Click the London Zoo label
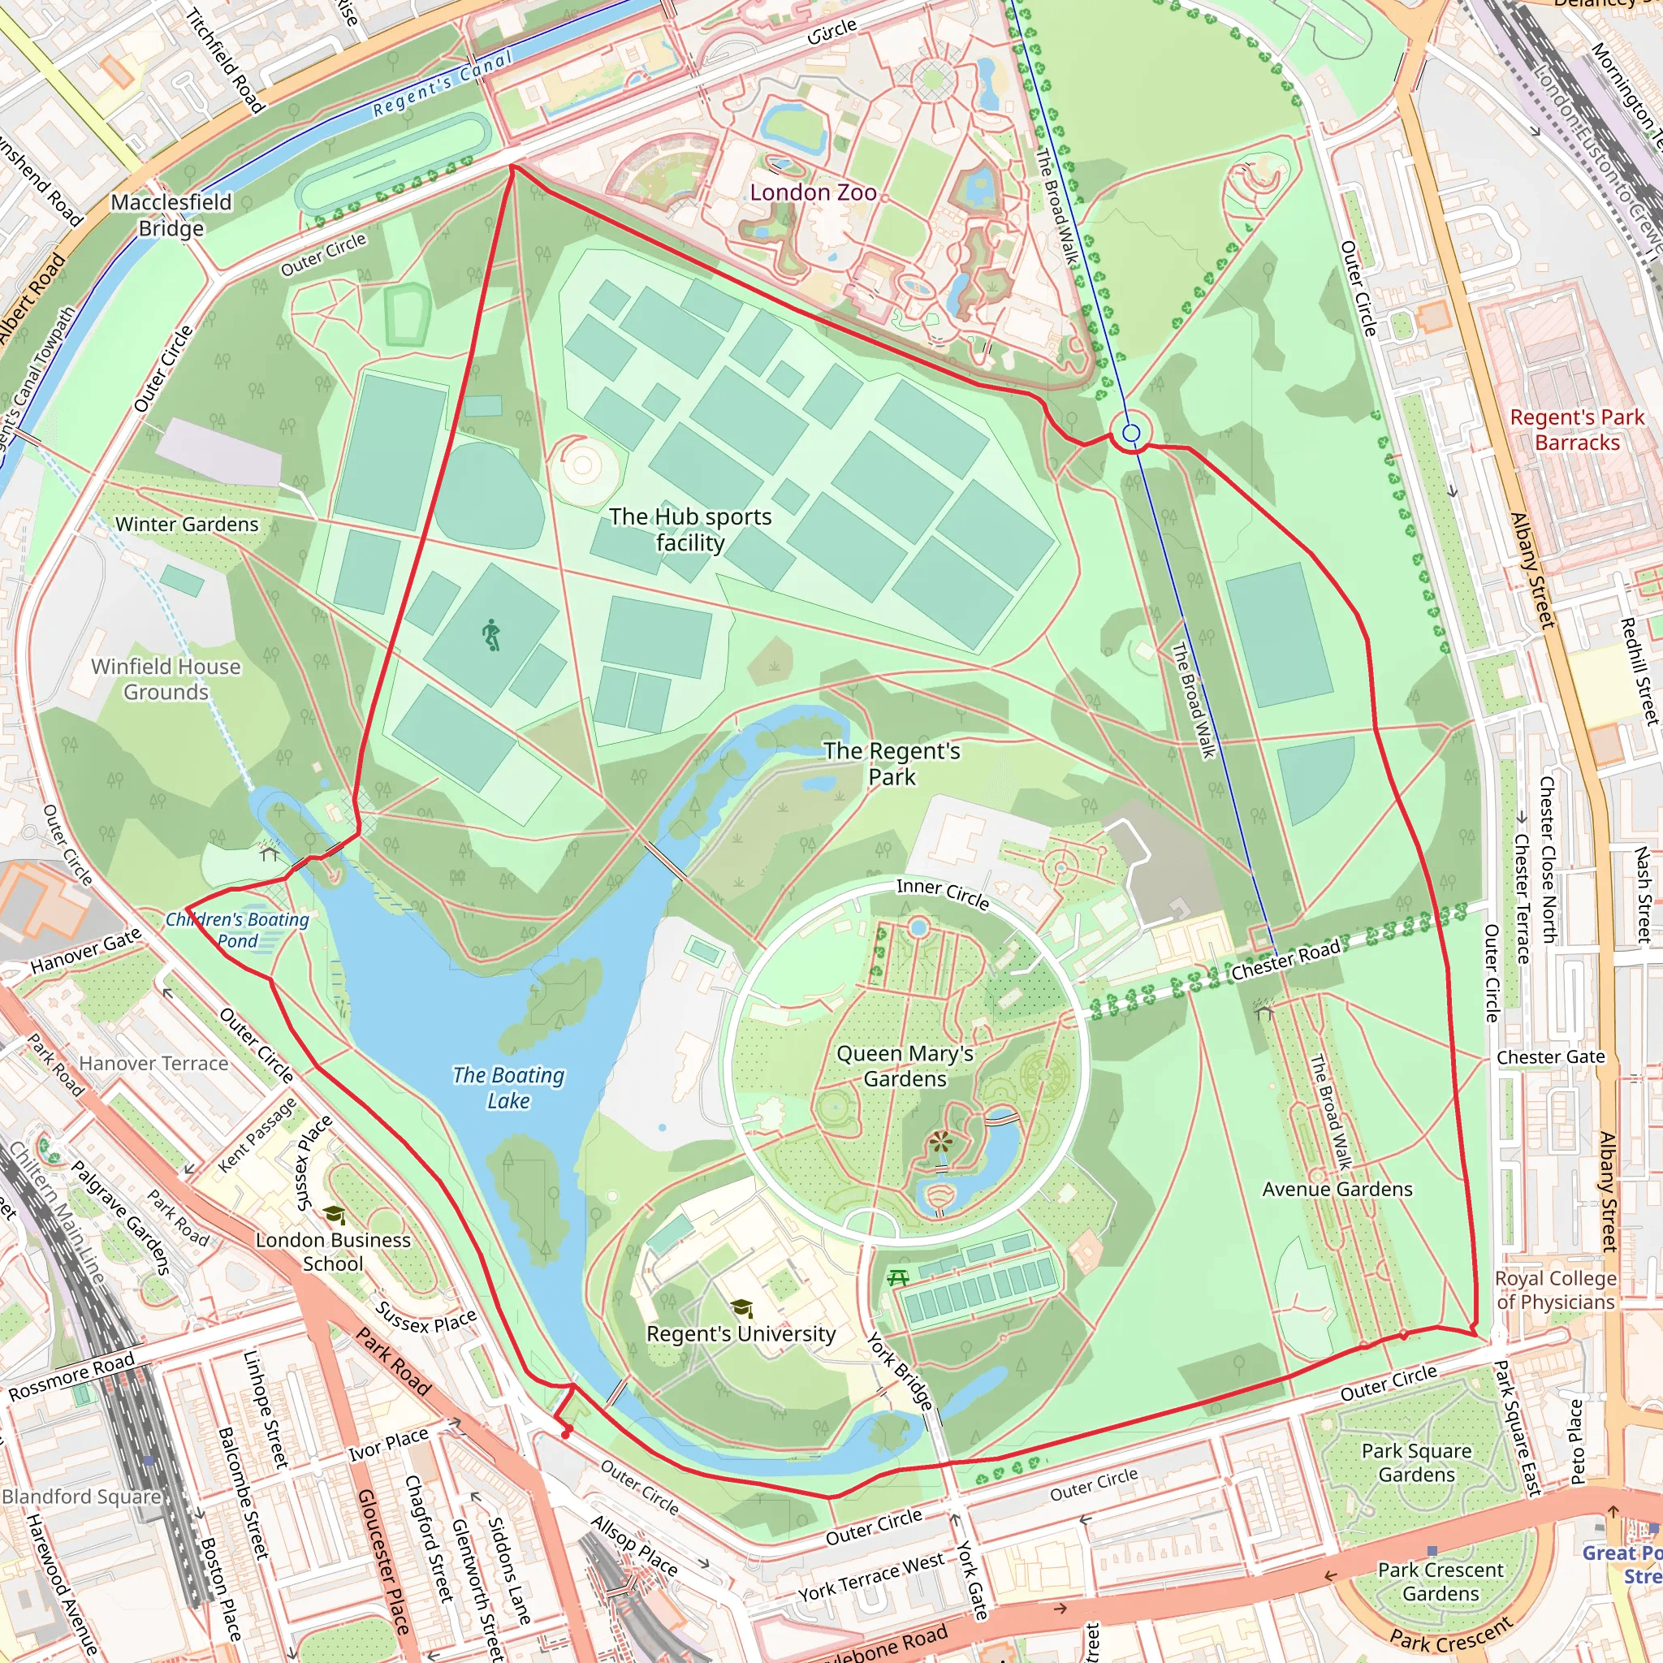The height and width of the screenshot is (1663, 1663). click(x=813, y=192)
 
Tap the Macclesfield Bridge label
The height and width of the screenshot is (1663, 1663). click(x=171, y=215)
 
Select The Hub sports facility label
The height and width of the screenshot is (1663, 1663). click(x=690, y=529)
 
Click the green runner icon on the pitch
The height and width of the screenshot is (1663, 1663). click(x=490, y=634)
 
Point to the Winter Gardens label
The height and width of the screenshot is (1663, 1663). click(x=187, y=525)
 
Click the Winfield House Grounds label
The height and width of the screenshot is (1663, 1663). click(x=166, y=679)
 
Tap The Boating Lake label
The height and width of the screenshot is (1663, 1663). click(x=508, y=1087)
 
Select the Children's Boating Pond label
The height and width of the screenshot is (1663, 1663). click(x=238, y=930)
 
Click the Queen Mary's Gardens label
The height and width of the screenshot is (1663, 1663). click(x=905, y=1065)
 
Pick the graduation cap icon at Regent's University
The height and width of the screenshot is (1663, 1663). click(x=741, y=1308)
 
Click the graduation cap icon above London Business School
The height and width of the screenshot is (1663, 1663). click(x=334, y=1215)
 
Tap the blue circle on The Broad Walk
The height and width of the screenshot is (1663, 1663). click(x=1132, y=433)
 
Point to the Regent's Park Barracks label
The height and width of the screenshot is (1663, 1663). click(x=1577, y=430)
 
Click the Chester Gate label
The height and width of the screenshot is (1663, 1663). click(x=1550, y=1057)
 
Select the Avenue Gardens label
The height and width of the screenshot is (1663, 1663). click(x=1337, y=1189)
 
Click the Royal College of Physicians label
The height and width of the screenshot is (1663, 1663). click(x=1554, y=1289)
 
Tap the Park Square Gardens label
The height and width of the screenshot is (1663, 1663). click(x=1416, y=1462)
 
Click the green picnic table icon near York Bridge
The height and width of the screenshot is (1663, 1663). click(x=898, y=1278)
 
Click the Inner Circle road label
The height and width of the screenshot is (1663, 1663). click(x=943, y=892)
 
